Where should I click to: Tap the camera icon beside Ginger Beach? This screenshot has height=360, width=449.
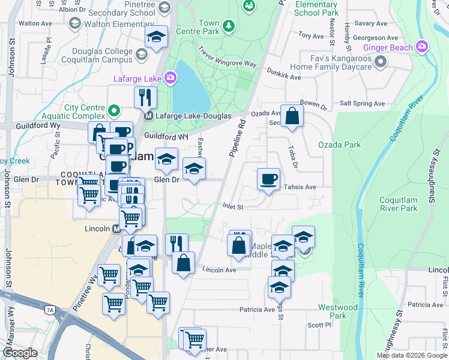tap(422, 46)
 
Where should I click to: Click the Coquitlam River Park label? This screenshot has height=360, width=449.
tap(399, 205)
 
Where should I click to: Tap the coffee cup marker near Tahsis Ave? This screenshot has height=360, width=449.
tap(268, 179)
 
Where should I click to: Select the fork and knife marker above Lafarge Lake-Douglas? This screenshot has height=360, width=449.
tap(145, 97)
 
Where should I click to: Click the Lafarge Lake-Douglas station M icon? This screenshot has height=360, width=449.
tap(148, 115)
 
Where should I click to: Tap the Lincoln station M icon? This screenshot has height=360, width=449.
tap(120, 229)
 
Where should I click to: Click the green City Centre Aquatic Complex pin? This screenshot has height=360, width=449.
tap(113, 110)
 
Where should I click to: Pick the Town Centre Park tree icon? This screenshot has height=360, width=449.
tap(228, 26)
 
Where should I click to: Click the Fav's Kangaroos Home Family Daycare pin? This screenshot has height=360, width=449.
tap(379, 62)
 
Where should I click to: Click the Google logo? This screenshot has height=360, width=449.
tap(20, 353)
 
